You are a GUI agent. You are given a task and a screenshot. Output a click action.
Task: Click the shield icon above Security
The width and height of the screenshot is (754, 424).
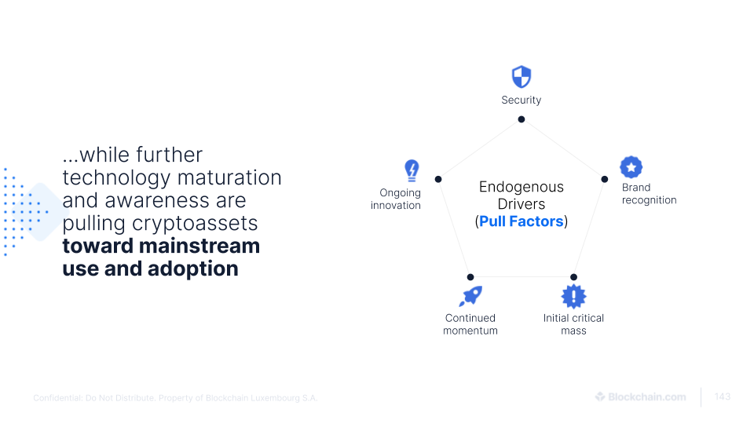[522, 77]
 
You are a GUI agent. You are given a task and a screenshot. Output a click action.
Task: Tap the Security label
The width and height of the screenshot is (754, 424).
[522, 101]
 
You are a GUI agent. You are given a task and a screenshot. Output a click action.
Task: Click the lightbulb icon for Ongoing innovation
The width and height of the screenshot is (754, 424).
[411, 170]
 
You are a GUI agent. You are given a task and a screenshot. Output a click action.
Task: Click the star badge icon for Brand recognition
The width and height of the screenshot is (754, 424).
[631, 167]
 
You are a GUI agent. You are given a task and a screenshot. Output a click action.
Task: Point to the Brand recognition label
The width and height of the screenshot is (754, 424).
[649, 194]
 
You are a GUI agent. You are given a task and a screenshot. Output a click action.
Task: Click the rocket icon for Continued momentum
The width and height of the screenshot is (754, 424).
[470, 296]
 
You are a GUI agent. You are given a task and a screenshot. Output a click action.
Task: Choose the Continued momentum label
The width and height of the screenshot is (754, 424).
[470, 324]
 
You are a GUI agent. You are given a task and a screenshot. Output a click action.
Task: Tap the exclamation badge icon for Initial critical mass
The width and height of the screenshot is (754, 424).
[573, 296]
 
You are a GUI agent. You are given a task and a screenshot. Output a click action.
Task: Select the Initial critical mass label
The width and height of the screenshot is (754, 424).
[573, 324]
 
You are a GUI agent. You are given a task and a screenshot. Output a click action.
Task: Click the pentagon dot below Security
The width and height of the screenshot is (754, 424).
[522, 119]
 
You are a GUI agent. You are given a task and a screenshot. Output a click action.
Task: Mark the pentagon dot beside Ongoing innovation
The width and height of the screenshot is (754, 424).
[438, 179]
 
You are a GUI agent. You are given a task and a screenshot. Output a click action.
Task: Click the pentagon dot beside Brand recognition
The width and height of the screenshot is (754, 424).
[604, 179]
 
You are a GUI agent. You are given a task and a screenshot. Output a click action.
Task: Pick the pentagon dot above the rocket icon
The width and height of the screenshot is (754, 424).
[470, 277]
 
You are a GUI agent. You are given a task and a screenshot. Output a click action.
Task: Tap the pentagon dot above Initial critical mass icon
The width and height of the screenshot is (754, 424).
[573, 277]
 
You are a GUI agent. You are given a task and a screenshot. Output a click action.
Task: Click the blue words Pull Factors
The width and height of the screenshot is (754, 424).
[522, 221]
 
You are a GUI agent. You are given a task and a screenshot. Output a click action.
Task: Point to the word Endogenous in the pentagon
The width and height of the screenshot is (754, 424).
[522, 187]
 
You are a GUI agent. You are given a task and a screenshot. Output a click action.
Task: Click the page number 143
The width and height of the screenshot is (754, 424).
[722, 397]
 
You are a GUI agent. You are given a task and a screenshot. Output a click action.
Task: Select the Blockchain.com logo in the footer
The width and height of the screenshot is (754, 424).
[640, 397]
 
